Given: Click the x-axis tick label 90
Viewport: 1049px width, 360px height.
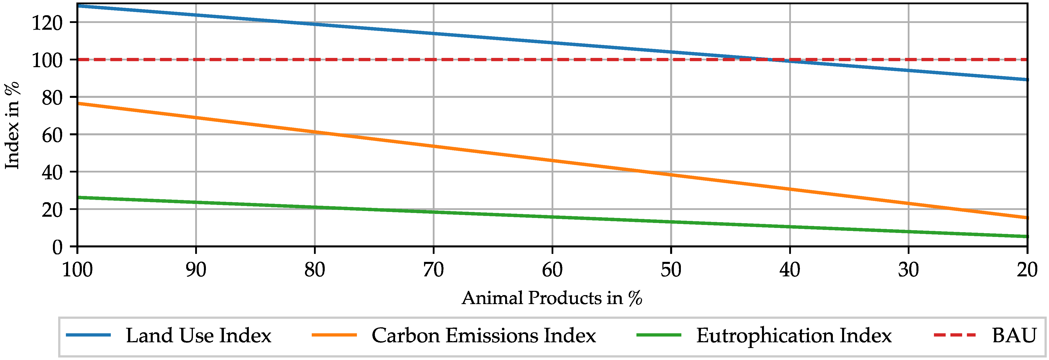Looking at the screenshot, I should click(196, 270).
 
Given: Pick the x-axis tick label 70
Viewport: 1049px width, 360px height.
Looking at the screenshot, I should click(433, 270).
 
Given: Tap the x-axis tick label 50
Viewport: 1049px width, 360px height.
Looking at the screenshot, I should click(671, 270).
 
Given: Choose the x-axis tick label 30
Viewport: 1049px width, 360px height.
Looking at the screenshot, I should click(908, 270).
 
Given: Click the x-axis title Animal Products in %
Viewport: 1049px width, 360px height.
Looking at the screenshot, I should click(552, 298).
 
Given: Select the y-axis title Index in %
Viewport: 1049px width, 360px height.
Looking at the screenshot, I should click(12, 125).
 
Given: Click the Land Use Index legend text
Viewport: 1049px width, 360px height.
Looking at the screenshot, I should click(198, 336).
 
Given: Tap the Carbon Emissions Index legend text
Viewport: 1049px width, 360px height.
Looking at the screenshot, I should click(483, 336).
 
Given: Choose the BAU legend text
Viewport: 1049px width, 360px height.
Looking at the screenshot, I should click(1014, 336).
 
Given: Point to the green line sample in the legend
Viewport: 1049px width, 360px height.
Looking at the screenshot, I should click(658, 335).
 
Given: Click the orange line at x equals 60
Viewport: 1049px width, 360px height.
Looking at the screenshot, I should click(552, 161).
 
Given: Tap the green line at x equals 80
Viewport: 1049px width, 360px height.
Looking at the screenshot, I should click(315, 207).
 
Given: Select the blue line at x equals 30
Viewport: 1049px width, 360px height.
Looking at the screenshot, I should click(908, 70).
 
